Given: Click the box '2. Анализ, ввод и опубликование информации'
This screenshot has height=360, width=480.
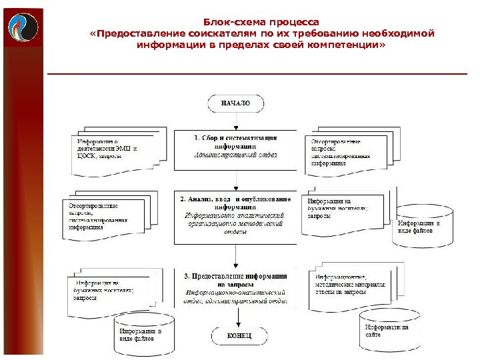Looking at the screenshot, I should [235, 216].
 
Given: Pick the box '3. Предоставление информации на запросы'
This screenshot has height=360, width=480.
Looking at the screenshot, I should [235, 288].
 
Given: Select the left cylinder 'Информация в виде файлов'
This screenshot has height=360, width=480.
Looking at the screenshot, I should [141, 333].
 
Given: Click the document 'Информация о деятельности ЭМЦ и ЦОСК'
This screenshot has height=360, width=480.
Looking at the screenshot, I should [112, 149].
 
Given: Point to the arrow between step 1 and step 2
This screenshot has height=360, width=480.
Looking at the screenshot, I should [235, 181].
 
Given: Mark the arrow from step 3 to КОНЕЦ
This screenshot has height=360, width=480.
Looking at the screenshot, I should [235, 317].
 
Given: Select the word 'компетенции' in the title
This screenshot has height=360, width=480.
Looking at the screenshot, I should [347, 47].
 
